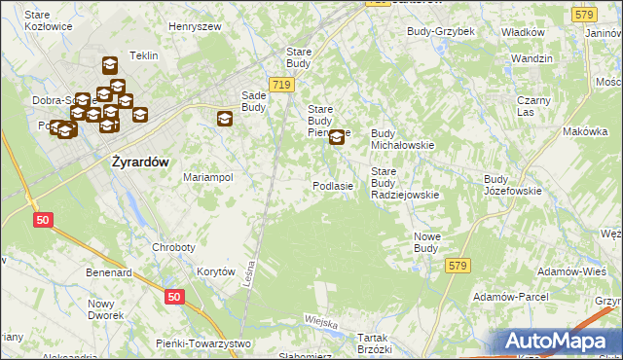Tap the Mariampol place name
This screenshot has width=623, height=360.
click(x=208, y=178)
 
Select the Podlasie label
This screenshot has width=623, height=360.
click(x=332, y=185)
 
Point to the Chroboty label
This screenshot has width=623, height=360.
click(x=173, y=247)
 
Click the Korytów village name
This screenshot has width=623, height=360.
click(x=216, y=272)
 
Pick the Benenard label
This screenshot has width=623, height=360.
click(x=108, y=273)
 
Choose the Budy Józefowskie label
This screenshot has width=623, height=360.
click(x=513, y=185)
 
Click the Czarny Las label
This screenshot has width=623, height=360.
click(x=534, y=106)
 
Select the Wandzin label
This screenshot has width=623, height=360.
click(x=531, y=59)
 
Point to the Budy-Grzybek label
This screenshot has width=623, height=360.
click(x=440, y=31)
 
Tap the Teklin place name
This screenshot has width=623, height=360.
click(x=143, y=56)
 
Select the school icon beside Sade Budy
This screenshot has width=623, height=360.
click(x=225, y=119)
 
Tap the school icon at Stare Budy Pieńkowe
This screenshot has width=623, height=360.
click(x=337, y=137)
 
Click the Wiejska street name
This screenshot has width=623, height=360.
click(x=320, y=322)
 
